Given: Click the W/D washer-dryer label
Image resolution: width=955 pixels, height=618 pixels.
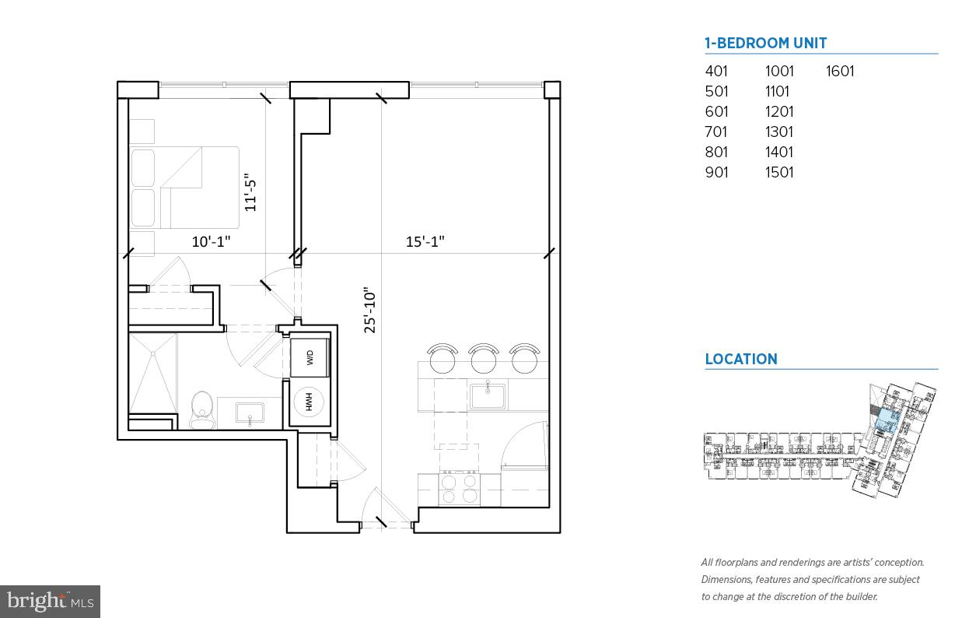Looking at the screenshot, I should pos(310,358).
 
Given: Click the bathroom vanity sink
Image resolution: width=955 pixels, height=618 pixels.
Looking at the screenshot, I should pos(250,412).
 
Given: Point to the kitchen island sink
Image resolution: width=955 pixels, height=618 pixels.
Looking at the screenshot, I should pos(487,396).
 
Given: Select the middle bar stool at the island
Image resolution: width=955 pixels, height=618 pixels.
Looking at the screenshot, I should pos(484,359).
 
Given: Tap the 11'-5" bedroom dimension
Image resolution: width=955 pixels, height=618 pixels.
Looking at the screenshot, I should pos(250,191).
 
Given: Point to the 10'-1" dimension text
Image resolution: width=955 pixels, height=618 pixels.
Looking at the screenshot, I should pos(212,242).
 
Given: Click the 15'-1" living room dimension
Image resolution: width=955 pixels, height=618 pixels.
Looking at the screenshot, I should pos(425,242).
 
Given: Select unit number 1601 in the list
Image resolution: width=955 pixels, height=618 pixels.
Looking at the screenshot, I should pos(840,72).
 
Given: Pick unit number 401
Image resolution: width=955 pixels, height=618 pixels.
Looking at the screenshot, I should pos(716,72).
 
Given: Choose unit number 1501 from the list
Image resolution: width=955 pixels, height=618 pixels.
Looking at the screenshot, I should pos(779,173).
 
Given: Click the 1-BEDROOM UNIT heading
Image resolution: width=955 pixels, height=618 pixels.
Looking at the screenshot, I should pos(765,44).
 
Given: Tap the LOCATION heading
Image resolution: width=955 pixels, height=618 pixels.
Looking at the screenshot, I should pos(740,360).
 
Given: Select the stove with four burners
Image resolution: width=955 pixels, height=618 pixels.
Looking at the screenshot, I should pos(459,489).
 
